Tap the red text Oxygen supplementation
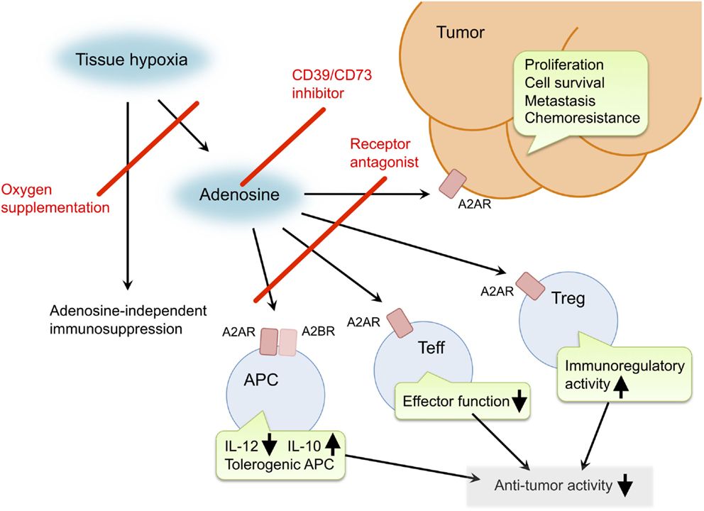coord(55,199)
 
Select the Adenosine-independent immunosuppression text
coord(128,320)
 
